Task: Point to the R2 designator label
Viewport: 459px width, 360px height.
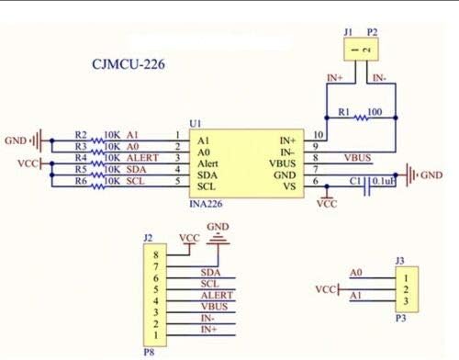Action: point(81,134)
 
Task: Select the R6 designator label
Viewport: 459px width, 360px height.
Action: point(81,182)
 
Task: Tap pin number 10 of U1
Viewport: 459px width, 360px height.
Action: point(318,135)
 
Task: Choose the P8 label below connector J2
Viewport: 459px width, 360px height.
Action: point(149,349)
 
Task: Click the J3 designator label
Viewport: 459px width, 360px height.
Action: point(398,261)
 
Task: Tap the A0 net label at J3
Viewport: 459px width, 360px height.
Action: point(357,273)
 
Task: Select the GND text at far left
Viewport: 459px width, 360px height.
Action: point(16,141)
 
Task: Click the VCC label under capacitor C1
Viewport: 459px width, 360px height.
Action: point(326,204)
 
